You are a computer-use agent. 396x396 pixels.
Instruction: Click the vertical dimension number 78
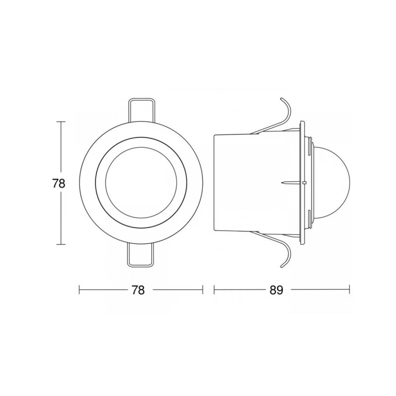[x=58, y=183]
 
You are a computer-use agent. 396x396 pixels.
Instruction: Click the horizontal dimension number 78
[x=138, y=290]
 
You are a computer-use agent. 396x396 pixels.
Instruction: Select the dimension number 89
[x=276, y=290]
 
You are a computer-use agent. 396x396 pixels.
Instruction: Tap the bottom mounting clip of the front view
[x=141, y=257]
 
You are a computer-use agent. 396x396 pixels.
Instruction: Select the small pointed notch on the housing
[x=286, y=183]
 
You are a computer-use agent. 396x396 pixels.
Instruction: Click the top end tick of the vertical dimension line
[x=61, y=122]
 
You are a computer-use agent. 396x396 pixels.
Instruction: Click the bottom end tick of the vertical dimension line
[x=61, y=245]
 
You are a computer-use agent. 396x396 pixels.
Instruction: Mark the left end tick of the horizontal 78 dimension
[x=80, y=290]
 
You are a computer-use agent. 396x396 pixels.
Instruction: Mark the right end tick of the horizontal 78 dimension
[x=203, y=290]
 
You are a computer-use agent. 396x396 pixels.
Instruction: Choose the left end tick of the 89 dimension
[x=214, y=290]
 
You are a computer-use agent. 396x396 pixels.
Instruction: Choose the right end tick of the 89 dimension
[x=349, y=290]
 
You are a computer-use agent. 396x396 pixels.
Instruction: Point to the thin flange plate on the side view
[x=303, y=183]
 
